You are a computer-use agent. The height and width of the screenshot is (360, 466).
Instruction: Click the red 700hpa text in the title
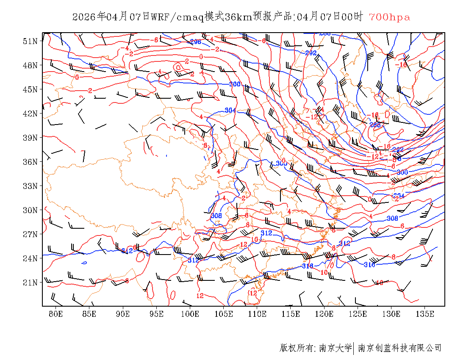(x=389, y=17)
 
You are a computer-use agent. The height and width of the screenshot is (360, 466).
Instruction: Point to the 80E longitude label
(x=56, y=314)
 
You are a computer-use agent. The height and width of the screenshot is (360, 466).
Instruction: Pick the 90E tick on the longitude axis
(x=123, y=314)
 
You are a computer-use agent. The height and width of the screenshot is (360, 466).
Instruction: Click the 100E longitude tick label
(x=190, y=314)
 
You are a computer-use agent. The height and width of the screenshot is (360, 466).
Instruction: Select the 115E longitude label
(x=291, y=314)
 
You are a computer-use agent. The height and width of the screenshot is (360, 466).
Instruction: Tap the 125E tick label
(x=358, y=314)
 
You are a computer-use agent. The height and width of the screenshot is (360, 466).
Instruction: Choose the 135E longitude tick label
(x=425, y=314)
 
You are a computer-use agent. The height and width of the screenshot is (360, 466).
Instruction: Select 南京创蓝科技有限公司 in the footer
(x=400, y=348)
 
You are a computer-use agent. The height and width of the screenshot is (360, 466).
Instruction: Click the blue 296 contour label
(x=195, y=42)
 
